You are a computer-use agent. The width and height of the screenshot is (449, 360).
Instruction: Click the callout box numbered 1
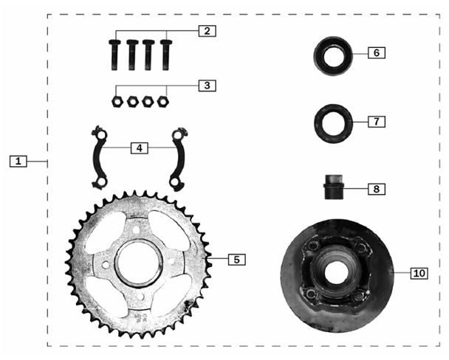[19, 159]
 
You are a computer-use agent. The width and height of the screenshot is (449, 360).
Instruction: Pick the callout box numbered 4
[139, 148]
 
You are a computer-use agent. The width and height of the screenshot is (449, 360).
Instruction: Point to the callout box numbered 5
[236, 259]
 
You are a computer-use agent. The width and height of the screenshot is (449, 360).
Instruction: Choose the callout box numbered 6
[375, 53]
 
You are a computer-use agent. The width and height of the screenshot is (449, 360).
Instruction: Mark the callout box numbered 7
[375, 120]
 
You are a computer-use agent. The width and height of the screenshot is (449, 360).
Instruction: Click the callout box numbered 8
[375, 189]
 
